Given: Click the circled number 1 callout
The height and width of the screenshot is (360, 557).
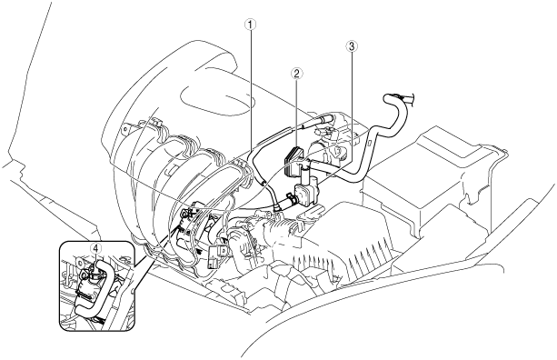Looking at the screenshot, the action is point(251,25).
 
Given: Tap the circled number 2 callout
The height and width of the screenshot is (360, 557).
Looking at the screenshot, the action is point(296,74).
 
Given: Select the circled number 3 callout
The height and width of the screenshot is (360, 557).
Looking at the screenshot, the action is point(352,45).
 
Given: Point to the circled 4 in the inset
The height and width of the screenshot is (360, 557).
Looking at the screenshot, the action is point(95,248).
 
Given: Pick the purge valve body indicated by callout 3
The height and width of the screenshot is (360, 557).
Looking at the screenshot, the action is point(305,192).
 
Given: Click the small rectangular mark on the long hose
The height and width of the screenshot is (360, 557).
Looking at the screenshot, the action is point(369,144).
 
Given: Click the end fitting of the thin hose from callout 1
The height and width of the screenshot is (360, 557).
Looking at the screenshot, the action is point(276,207).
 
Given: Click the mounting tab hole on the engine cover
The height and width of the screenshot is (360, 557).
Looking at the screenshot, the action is point(124,128).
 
